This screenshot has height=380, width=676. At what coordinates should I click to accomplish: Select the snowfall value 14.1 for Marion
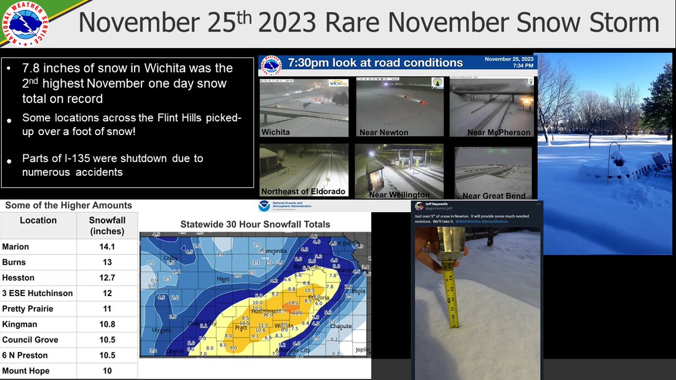pos(107,247)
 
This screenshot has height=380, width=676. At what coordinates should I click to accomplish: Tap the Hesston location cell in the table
pos(18,278)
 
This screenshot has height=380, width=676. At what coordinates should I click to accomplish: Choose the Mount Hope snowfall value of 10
pos(107,371)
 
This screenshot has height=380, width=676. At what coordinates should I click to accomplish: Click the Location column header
pos(38,221)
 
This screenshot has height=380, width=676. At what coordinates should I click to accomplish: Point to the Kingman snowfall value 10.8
pos(107,324)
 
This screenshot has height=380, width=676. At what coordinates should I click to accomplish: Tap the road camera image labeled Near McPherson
pos(491,107)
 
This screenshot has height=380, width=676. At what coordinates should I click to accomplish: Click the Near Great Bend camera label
pos(493,196)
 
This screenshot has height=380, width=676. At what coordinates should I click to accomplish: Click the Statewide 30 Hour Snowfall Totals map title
pos(255,224)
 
